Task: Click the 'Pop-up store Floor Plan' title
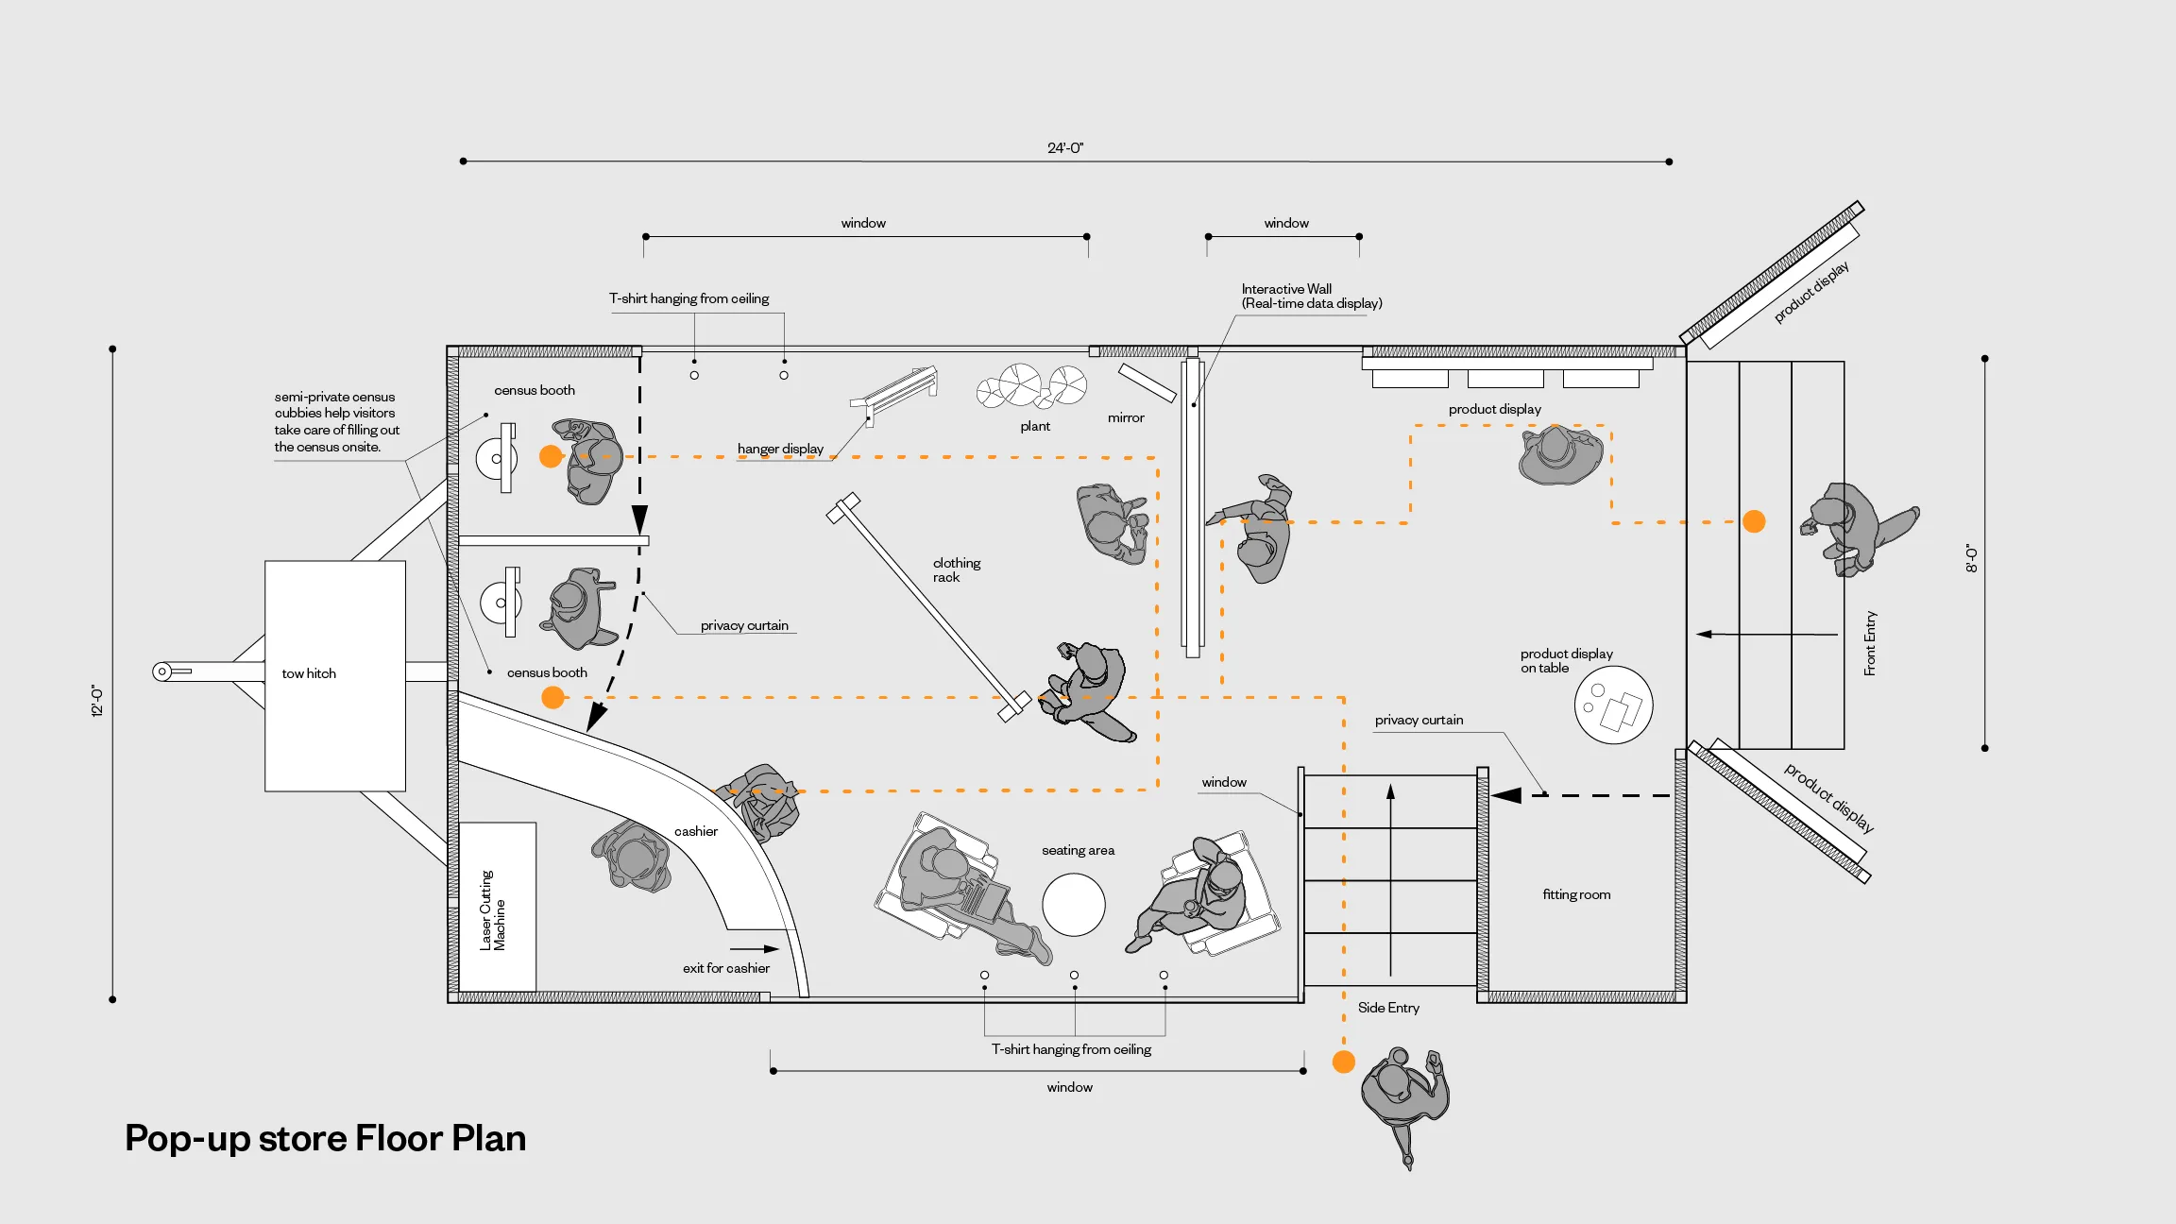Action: point(325,1138)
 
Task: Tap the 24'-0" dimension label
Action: point(1065,147)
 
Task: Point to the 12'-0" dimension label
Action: point(96,701)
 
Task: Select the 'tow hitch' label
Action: point(309,673)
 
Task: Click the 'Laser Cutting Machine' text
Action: point(492,910)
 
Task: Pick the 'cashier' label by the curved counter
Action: point(696,831)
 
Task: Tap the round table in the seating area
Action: point(1074,905)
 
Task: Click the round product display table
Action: point(1613,705)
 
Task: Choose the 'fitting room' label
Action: point(1576,894)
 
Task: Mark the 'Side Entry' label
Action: point(1388,1008)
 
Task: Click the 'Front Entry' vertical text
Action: point(1870,643)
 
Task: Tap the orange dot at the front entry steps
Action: point(1754,521)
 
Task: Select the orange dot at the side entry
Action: point(1344,1062)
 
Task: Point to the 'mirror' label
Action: point(1126,417)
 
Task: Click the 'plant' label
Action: point(1035,427)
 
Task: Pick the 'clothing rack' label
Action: point(957,569)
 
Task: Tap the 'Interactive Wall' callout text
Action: point(1312,296)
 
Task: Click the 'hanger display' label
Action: point(780,449)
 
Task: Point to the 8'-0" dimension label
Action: point(1971,557)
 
